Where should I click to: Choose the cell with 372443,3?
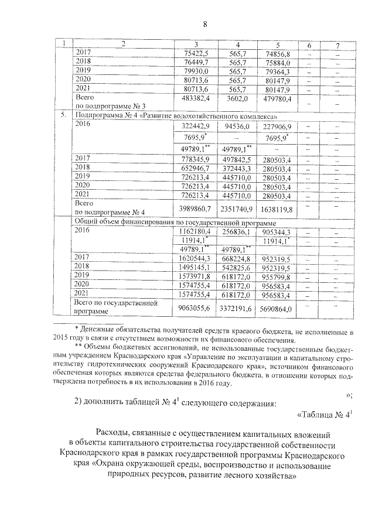tap(237, 168)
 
